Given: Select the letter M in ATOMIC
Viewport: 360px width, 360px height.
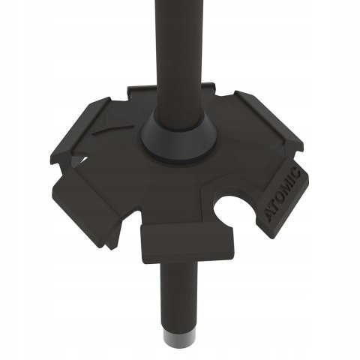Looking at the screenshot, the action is point(286,188).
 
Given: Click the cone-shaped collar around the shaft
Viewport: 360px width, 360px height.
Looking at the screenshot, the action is point(178,141).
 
